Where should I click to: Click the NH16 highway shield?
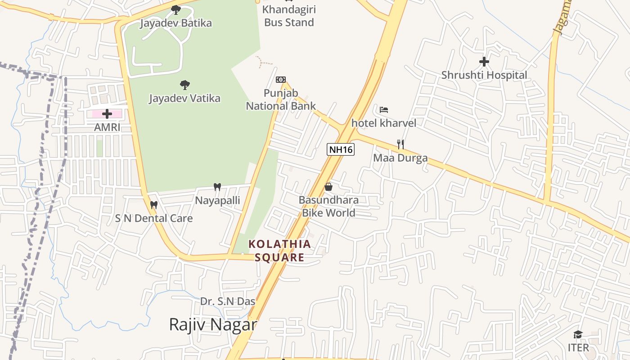(341, 150)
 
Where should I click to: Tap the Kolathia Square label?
(279, 251)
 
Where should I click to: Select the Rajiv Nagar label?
(213, 324)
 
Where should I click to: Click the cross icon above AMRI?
(107, 114)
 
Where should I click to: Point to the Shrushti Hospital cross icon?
(484, 61)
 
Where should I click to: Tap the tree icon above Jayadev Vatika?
(184, 85)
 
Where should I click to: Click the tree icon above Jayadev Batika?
(176, 9)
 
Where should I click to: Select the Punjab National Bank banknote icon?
(281, 80)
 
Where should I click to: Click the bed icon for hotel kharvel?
(384, 109)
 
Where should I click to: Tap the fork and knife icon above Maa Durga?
(400, 144)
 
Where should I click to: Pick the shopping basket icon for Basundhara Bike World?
(328, 186)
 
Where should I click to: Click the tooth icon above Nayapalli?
(217, 187)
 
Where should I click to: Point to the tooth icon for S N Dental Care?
(154, 205)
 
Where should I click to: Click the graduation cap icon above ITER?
(578, 334)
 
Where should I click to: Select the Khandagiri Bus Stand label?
(289, 16)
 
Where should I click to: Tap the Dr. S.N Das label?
(228, 301)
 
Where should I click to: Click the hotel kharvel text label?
(384, 123)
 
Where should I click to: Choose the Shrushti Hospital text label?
(484, 75)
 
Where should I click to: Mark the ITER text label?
(578, 348)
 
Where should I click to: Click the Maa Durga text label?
(400, 158)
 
